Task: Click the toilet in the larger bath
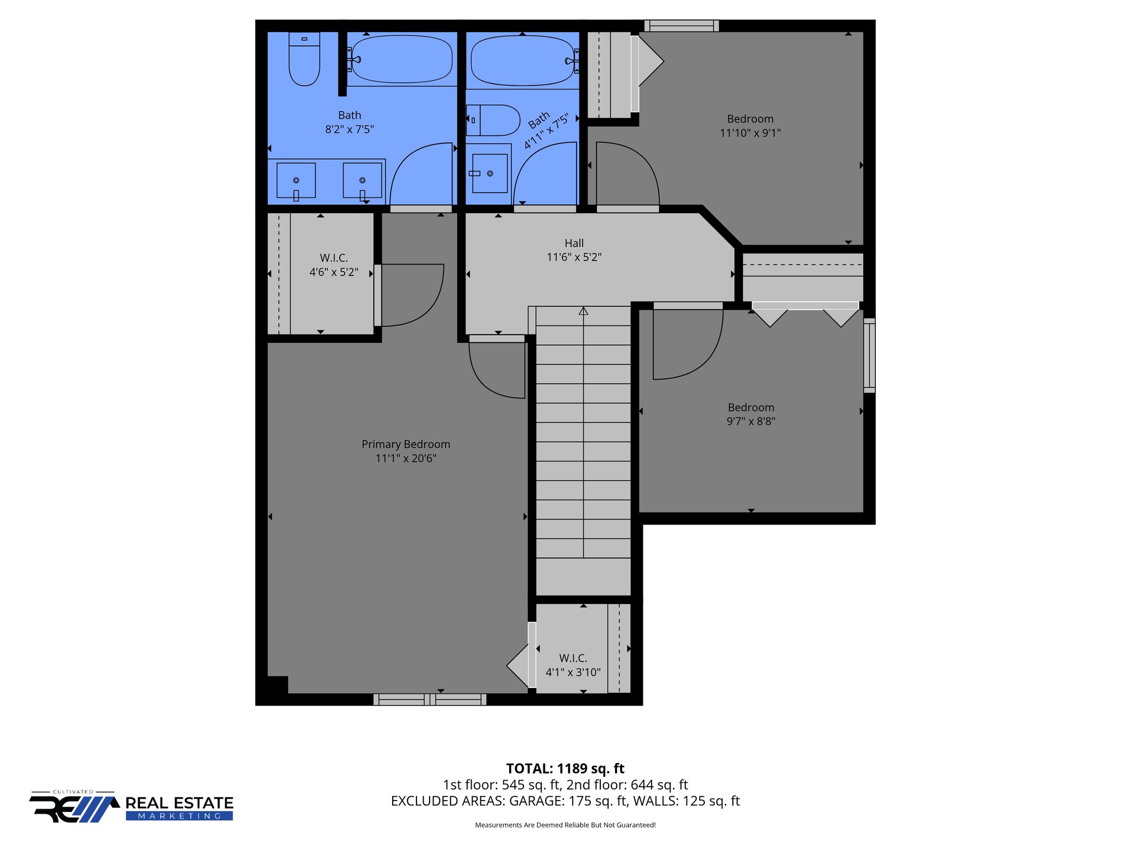pos(304,60)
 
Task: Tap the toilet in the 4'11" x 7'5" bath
pos(493,120)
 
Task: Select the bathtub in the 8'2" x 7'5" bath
pos(402,59)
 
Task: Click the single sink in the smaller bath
pos(489,173)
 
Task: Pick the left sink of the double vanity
pos(296,181)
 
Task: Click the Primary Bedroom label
pos(406,444)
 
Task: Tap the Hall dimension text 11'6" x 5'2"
pos(574,257)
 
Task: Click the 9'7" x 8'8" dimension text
pos(751,422)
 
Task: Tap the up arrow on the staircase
pos(583,311)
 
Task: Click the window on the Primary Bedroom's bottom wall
pos(430,700)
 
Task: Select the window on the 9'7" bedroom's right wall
pos(869,356)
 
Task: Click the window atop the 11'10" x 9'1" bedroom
pos(681,25)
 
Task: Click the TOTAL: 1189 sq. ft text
pos(565,768)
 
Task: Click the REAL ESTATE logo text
pos(179,803)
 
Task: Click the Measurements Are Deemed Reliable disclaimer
pos(565,825)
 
